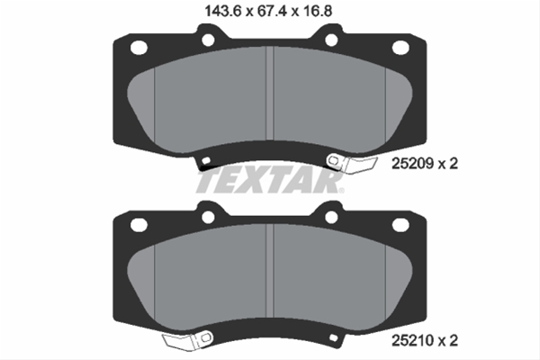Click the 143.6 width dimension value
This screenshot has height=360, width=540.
[222, 11]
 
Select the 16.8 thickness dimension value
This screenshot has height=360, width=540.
[318, 11]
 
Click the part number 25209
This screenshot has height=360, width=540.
[412, 164]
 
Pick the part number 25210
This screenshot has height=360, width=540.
[412, 341]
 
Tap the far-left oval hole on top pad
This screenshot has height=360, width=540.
[139, 47]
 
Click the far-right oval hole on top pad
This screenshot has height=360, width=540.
[400, 47]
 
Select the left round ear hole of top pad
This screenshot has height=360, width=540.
[209, 40]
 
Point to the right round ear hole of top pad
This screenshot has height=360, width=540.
[331, 40]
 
